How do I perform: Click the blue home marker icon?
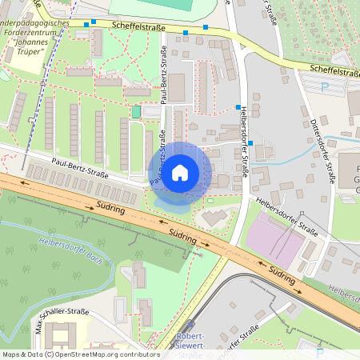coord(180,173)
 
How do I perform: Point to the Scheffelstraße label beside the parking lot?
coord(328,72)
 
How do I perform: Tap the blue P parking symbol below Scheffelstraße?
coord(324,86)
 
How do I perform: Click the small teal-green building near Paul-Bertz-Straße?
coord(136,112)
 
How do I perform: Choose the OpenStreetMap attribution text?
coord(80,354)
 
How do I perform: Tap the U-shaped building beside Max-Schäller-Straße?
coord(73,336)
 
